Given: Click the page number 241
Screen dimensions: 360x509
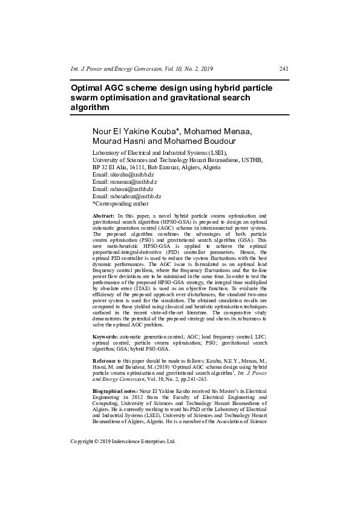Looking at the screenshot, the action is tap(284, 68).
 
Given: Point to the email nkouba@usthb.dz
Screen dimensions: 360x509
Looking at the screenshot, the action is tap(128, 173).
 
